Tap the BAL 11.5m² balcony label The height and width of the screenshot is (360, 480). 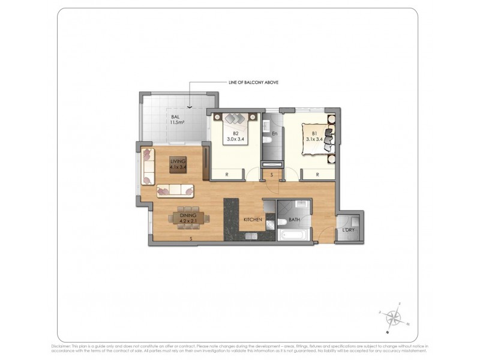pos(177,119)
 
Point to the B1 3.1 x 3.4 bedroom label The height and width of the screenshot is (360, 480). pos(314,136)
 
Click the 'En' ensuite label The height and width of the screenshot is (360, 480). pos(274,133)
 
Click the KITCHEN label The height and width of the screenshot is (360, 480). pos(253,220)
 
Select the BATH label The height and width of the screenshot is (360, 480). pos(294,220)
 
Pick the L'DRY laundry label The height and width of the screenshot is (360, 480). pos(348,230)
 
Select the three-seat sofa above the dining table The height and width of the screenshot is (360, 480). pos(176,191)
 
